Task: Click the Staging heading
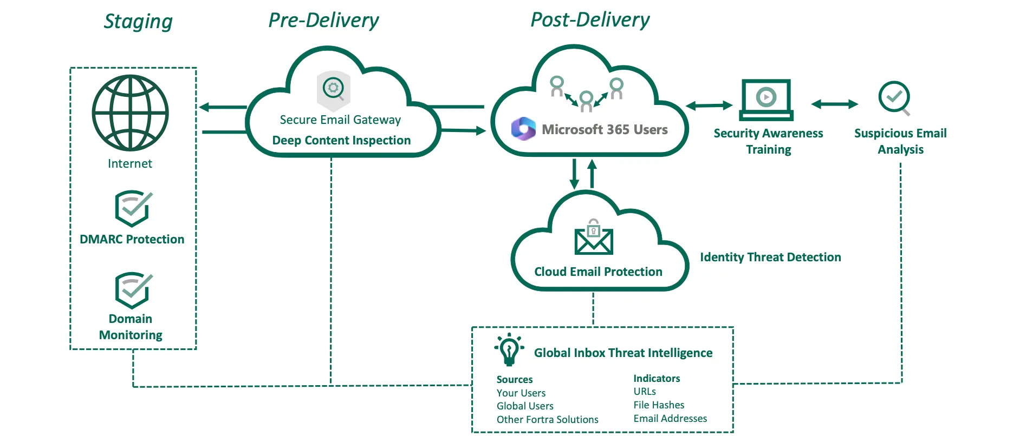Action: tap(138, 22)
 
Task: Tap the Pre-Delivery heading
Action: tap(323, 21)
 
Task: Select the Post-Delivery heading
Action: tap(589, 20)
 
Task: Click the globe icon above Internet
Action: tap(130, 113)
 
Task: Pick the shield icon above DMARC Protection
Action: tap(133, 208)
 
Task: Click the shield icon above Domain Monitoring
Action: tap(133, 290)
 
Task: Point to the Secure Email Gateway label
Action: tap(340, 120)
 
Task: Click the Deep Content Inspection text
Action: tap(341, 141)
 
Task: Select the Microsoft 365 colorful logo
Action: tap(523, 129)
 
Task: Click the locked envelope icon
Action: tap(594, 238)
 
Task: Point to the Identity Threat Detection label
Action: tap(770, 257)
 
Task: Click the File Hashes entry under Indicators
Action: tap(659, 405)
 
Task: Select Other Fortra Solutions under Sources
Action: tap(547, 420)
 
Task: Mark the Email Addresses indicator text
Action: tap(670, 419)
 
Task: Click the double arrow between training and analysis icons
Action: tap(834, 104)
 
